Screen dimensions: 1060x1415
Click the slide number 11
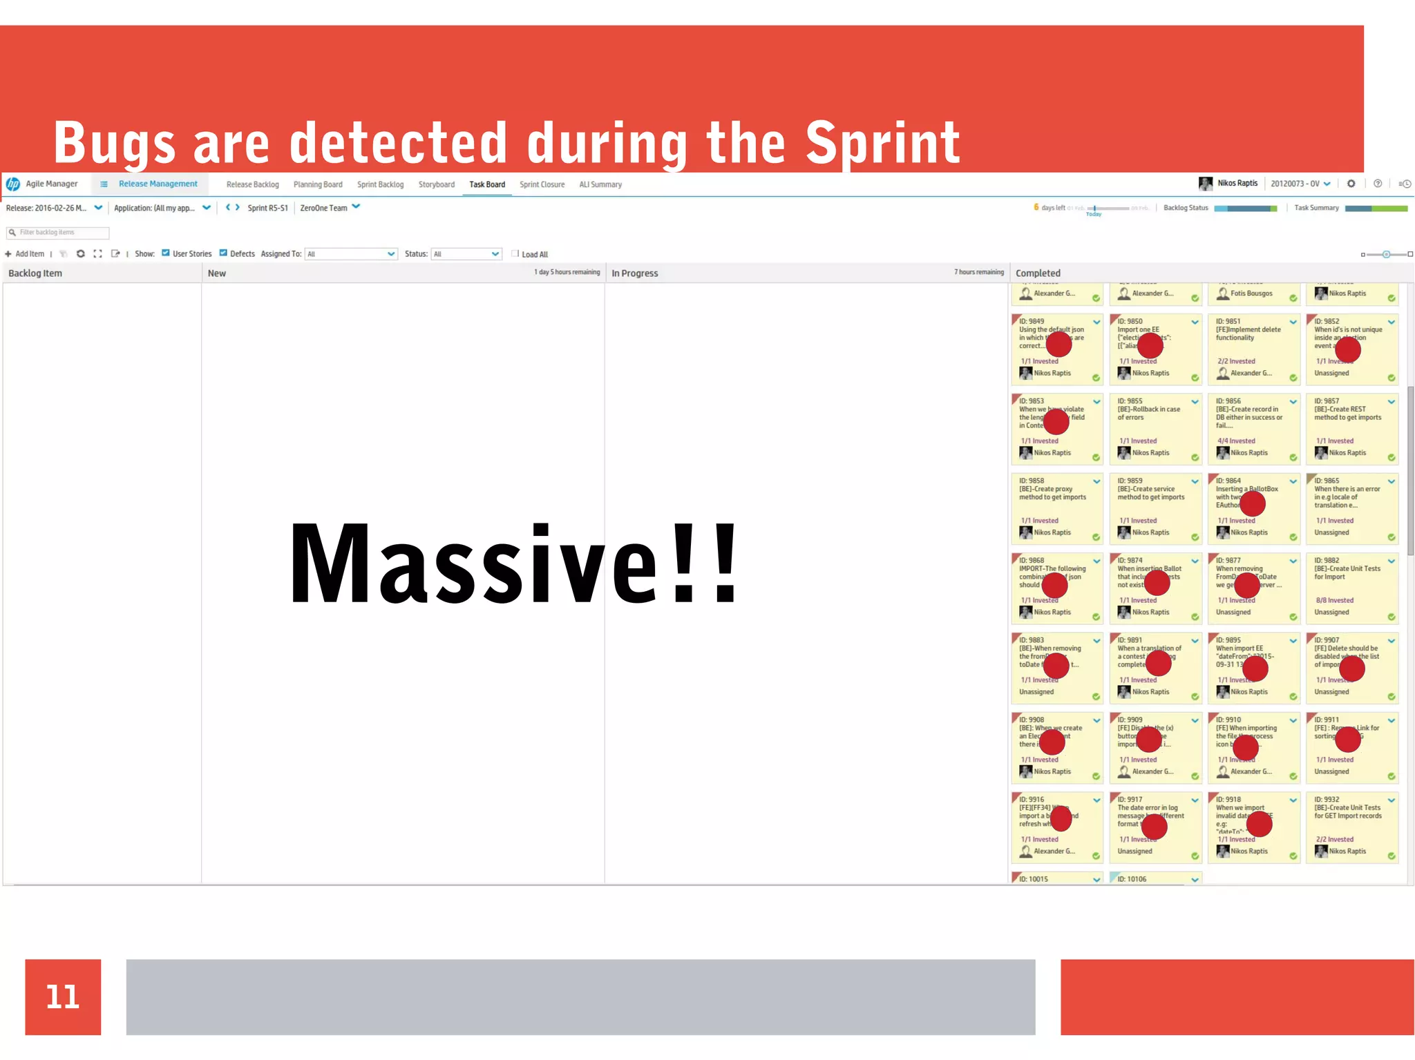63,996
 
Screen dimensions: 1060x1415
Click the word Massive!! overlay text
514,564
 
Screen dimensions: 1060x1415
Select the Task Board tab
487,184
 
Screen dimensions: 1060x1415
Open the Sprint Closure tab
542,184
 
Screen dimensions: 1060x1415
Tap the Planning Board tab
318,184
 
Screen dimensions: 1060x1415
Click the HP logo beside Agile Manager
13,184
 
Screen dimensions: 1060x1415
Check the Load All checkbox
515,253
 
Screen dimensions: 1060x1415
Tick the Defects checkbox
224,253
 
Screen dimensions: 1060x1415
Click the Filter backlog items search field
59,233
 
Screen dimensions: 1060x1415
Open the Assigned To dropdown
352,254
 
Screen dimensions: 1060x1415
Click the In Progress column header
635,273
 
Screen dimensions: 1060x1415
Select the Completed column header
1038,273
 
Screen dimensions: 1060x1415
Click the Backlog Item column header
35,273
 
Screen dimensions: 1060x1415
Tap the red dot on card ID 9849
1058,343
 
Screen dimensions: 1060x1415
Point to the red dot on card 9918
1259,824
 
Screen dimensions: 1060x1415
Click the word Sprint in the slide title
882,143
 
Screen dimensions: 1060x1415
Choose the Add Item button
25,254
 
